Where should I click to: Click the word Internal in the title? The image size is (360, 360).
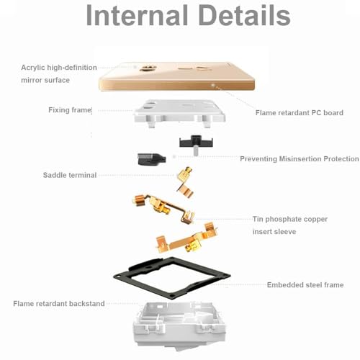pos(137,15)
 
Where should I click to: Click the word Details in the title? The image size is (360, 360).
pos(245,15)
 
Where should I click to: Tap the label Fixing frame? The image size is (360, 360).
pos(70,110)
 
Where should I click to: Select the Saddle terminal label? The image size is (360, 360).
pos(70,175)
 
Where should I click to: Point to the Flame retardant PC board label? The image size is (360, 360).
pos(300,112)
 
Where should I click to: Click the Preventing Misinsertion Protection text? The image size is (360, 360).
pos(300,158)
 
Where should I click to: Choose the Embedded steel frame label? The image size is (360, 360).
pos(305,285)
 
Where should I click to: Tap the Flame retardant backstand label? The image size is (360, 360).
pos(59,304)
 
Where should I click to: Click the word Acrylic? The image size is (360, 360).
pos(33,68)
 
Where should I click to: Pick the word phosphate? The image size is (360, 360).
pos(283,219)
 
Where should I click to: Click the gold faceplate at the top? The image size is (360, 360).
pos(176,76)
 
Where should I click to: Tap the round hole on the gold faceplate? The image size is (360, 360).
pos(145,68)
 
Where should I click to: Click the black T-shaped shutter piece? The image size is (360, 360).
pos(196,143)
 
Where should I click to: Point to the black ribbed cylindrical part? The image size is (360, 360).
pos(151,159)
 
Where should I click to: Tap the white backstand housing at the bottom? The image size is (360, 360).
pos(179,325)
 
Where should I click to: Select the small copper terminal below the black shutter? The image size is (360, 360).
pos(185,182)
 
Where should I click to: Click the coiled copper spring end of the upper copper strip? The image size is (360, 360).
pos(139,201)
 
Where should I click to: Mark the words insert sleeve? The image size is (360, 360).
pos(274,232)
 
